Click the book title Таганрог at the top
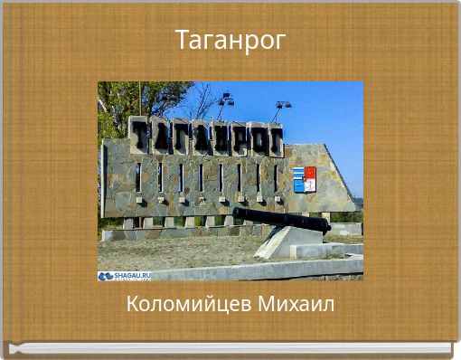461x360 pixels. click(x=230, y=41)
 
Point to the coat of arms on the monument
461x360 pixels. click(x=304, y=179)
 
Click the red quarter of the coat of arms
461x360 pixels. click(x=310, y=172)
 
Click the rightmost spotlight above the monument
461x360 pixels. click(x=283, y=106)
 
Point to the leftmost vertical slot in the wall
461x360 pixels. click(x=137, y=178)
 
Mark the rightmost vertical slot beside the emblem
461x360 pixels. click(x=277, y=177)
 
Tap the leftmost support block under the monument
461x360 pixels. click(x=128, y=223)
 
